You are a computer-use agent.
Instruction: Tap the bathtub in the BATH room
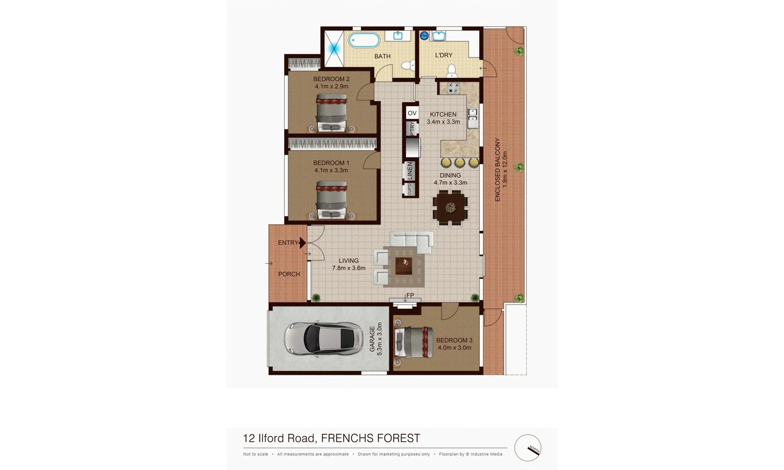point(365,40)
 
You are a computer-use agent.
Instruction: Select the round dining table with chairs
point(451,208)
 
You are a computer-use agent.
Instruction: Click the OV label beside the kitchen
point(412,113)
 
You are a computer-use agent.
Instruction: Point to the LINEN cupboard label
point(409,171)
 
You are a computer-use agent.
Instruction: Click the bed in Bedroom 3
point(414,342)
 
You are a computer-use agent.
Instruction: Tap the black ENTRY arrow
point(302,243)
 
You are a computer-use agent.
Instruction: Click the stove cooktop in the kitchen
point(453,88)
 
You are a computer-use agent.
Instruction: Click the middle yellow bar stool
point(459,163)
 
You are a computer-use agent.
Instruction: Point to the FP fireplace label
point(410,295)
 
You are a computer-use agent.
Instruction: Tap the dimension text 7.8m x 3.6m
point(349,268)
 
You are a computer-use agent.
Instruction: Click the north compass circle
point(528,447)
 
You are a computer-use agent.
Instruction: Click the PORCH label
point(289,274)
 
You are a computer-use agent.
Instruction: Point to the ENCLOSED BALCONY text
point(498,170)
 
